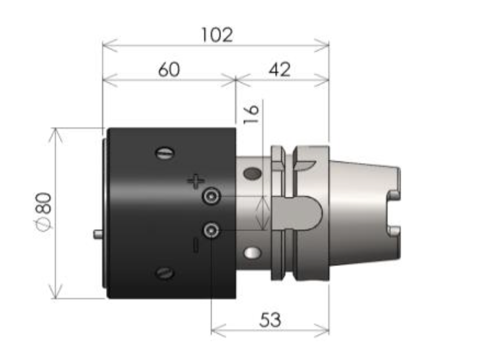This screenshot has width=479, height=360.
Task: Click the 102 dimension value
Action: tap(217, 35)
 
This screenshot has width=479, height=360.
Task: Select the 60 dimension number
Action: tap(169, 69)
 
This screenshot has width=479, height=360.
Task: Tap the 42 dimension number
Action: tap(279, 70)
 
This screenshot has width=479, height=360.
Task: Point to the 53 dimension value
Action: tap(270, 320)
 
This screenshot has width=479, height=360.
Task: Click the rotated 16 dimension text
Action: tap(251, 114)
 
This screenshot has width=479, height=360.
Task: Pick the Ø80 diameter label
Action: tap(43, 211)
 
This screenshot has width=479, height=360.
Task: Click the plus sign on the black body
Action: tap(196, 181)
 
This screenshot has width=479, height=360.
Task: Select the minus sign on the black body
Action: tap(196, 245)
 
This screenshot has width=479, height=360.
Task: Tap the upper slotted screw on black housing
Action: tap(165, 153)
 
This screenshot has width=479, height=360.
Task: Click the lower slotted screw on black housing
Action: tap(165, 272)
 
